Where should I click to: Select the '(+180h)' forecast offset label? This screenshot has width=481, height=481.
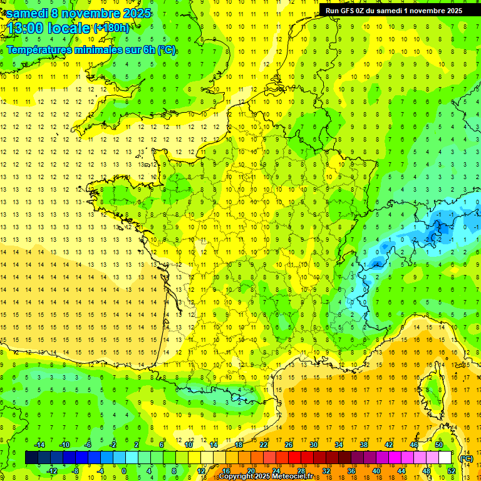pos(111,28)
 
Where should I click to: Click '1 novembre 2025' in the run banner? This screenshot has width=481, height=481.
pos(433,10)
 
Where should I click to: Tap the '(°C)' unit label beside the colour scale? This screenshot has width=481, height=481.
pos(467,458)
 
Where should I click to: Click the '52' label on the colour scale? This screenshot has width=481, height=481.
pos(452,471)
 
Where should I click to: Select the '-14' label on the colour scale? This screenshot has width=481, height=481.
pos(39,445)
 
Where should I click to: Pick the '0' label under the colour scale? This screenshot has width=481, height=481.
pos(124,471)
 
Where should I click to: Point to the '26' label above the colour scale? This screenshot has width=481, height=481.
pos(289,445)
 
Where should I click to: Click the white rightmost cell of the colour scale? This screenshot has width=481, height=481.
pos(445,458)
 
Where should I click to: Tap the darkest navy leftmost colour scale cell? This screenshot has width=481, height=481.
pos(31,458)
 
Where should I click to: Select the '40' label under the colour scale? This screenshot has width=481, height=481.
pos(376,471)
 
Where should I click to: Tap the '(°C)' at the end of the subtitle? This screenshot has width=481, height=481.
pos(166,50)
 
